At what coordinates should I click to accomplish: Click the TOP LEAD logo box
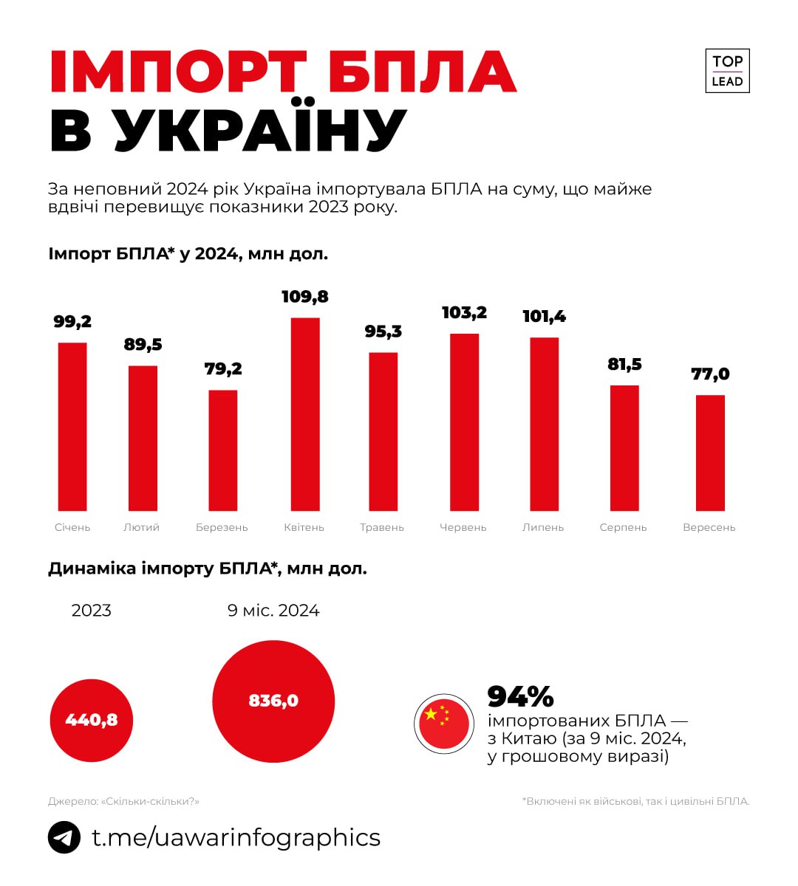pyautogui.click(x=727, y=71)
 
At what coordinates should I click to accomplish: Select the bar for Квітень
pyautogui.click(x=305, y=413)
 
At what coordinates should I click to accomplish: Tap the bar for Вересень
pyautogui.click(x=710, y=453)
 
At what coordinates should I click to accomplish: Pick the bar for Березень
pyautogui.click(x=223, y=450)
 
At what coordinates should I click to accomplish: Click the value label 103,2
pyautogui.click(x=464, y=313)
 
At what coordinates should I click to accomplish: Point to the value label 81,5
pyautogui.click(x=624, y=364)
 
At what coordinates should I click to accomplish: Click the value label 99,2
pyautogui.click(x=72, y=322)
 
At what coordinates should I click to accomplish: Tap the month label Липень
pyautogui.click(x=543, y=528)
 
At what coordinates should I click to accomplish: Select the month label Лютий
pyautogui.click(x=141, y=528)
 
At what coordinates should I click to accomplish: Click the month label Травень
pyautogui.click(x=382, y=528)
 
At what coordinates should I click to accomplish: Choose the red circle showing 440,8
pyautogui.click(x=92, y=720)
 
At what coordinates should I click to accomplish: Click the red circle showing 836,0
pyautogui.click(x=273, y=701)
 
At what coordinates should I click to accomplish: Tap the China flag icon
pyautogui.click(x=444, y=724)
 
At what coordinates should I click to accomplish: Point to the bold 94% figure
pyautogui.click(x=520, y=696)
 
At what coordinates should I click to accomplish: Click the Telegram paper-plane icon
pyautogui.click(x=64, y=838)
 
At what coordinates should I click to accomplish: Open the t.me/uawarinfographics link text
pyautogui.click(x=236, y=838)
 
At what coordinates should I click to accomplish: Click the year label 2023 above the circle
pyautogui.click(x=92, y=611)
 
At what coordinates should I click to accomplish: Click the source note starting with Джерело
pyautogui.click(x=123, y=801)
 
